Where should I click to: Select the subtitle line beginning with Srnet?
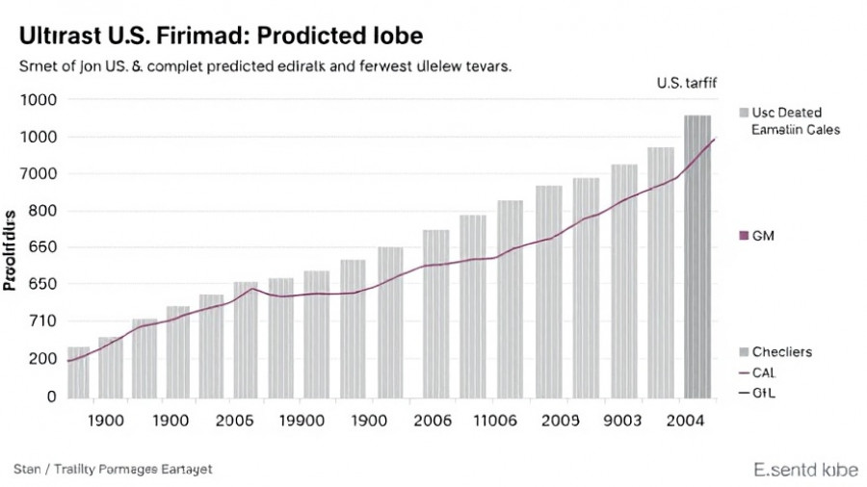(x=264, y=68)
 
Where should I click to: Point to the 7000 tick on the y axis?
(x=38, y=174)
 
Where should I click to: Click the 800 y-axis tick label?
(x=42, y=211)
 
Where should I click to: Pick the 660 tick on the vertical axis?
(x=42, y=247)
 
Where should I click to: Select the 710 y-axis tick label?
(x=42, y=320)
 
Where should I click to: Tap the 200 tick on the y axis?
(x=42, y=359)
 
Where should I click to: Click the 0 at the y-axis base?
(x=52, y=396)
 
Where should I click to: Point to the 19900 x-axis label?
(x=300, y=421)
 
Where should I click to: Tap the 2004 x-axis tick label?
(x=685, y=421)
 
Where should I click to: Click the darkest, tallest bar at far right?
(x=697, y=256)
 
